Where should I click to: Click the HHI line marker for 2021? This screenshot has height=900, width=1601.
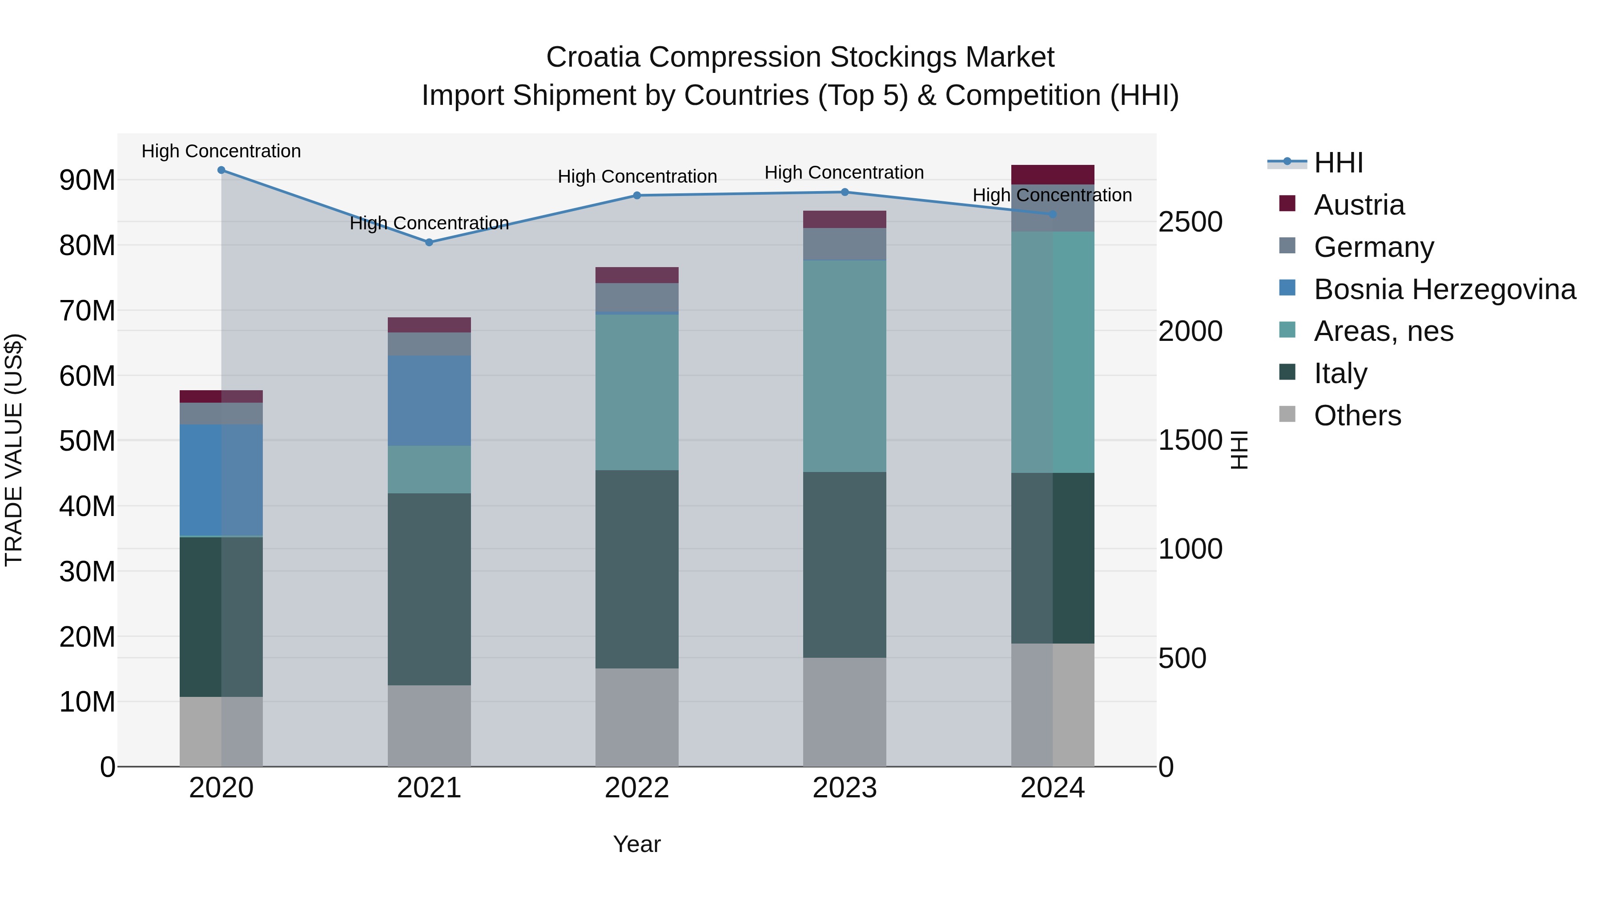click(429, 242)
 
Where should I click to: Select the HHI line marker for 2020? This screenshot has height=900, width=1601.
click(221, 170)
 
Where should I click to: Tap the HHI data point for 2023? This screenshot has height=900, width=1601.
click(845, 192)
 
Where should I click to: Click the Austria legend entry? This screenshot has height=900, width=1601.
click(1359, 205)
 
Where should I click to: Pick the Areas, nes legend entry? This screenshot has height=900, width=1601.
click(1383, 331)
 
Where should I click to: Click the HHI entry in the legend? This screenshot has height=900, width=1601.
click(1338, 163)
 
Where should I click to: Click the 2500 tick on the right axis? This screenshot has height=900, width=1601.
click(1190, 222)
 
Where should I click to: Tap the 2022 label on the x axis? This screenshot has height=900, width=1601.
click(636, 788)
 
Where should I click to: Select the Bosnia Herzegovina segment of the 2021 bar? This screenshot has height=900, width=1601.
click(429, 400)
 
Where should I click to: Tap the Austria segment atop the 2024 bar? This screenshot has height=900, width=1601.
click(1052, 175)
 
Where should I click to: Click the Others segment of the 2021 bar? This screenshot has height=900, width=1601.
click(429, 725)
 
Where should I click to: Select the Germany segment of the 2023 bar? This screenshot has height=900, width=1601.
click(844, 244)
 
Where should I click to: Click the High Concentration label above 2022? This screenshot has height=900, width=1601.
click(637, 176)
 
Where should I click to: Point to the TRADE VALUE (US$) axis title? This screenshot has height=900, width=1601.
click(14, 450)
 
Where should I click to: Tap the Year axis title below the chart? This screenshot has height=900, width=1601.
click(636, 844)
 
